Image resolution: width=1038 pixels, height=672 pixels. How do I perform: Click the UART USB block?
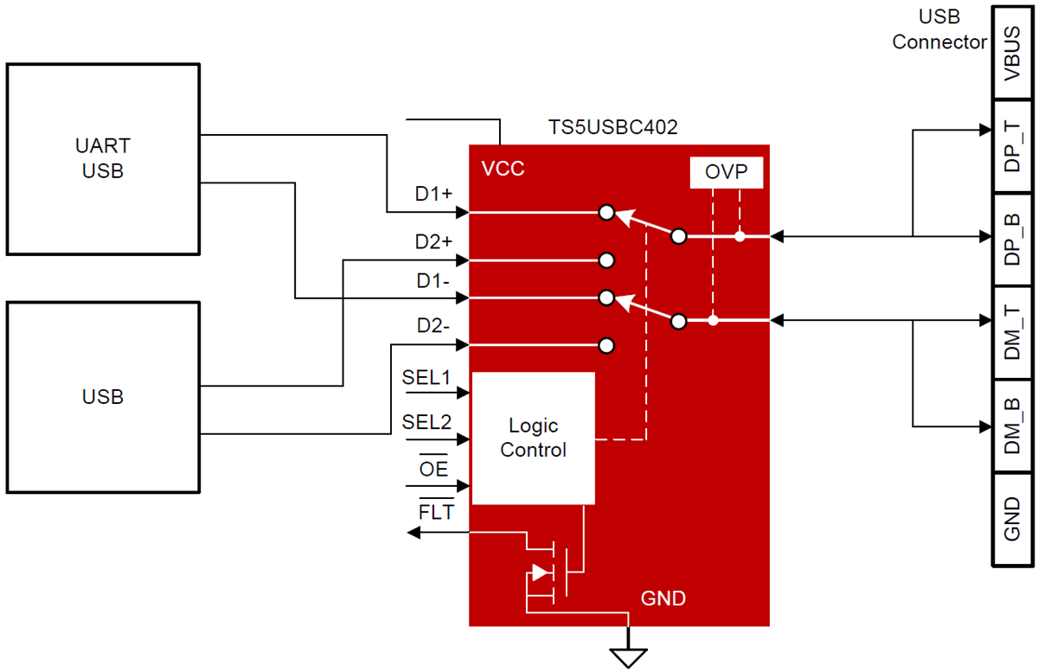(103, 158)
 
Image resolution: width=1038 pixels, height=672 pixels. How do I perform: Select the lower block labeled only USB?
(103, 397)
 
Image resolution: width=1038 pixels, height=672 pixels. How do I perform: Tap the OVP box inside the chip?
(726, 172)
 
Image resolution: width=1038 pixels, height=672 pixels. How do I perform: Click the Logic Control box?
(533, 438)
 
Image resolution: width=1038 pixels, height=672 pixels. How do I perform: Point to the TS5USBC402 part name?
(613, 127)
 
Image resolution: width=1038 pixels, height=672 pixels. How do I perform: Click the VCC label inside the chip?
(503, 169)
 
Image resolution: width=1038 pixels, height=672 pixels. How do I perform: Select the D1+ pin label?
(433, 195)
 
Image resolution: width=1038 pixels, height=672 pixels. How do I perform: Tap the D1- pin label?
(433, 281)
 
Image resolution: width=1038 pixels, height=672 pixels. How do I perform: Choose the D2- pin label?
(433, 327)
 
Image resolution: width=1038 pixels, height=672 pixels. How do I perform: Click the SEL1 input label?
(426, 377)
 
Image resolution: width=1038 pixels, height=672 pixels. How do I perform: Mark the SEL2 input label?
(426, 422)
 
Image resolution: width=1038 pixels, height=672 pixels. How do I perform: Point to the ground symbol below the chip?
(629, 656)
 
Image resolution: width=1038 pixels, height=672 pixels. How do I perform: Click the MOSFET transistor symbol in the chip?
(554, 572)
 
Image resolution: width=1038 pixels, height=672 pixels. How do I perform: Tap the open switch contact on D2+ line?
(606, 260)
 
